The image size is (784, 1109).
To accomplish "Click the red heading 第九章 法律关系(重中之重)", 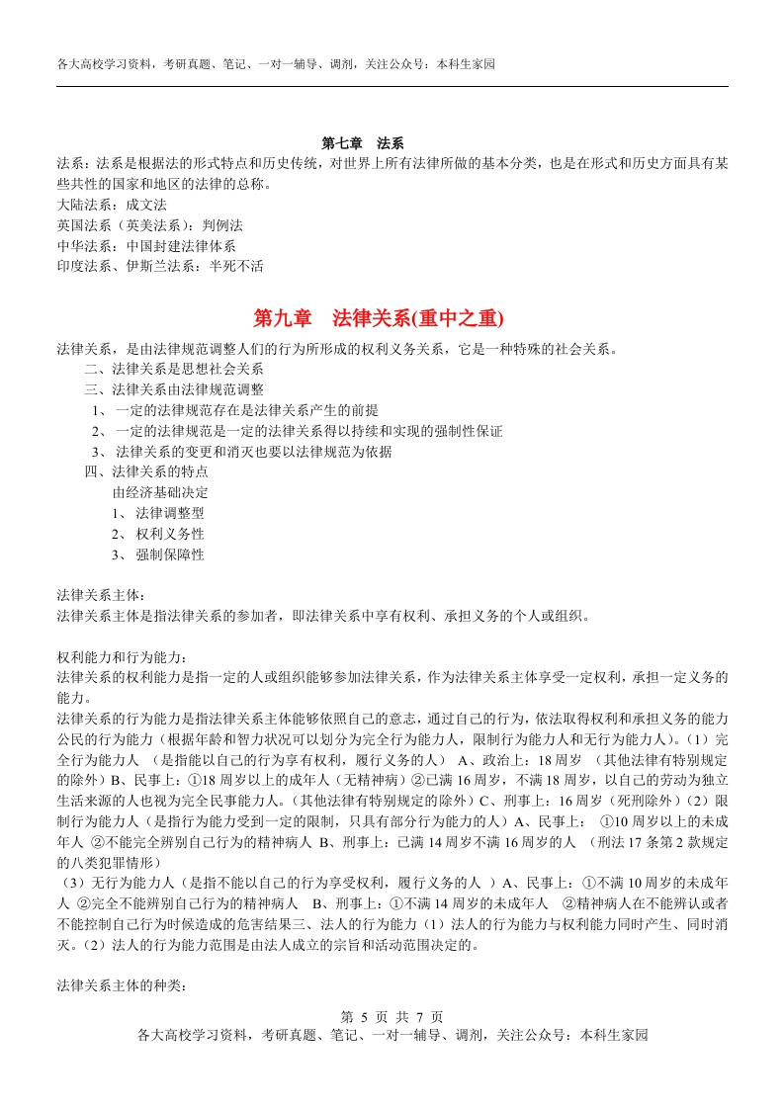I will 379,318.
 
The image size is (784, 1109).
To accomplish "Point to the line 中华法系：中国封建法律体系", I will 146,246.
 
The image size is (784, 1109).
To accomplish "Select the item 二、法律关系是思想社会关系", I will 167,369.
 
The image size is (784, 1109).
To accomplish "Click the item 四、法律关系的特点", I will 146,471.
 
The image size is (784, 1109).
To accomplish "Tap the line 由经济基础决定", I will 160,492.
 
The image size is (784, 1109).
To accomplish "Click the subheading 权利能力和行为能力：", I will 123,657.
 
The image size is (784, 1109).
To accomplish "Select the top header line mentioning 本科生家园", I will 276,64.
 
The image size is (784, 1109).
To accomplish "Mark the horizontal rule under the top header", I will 392,87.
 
